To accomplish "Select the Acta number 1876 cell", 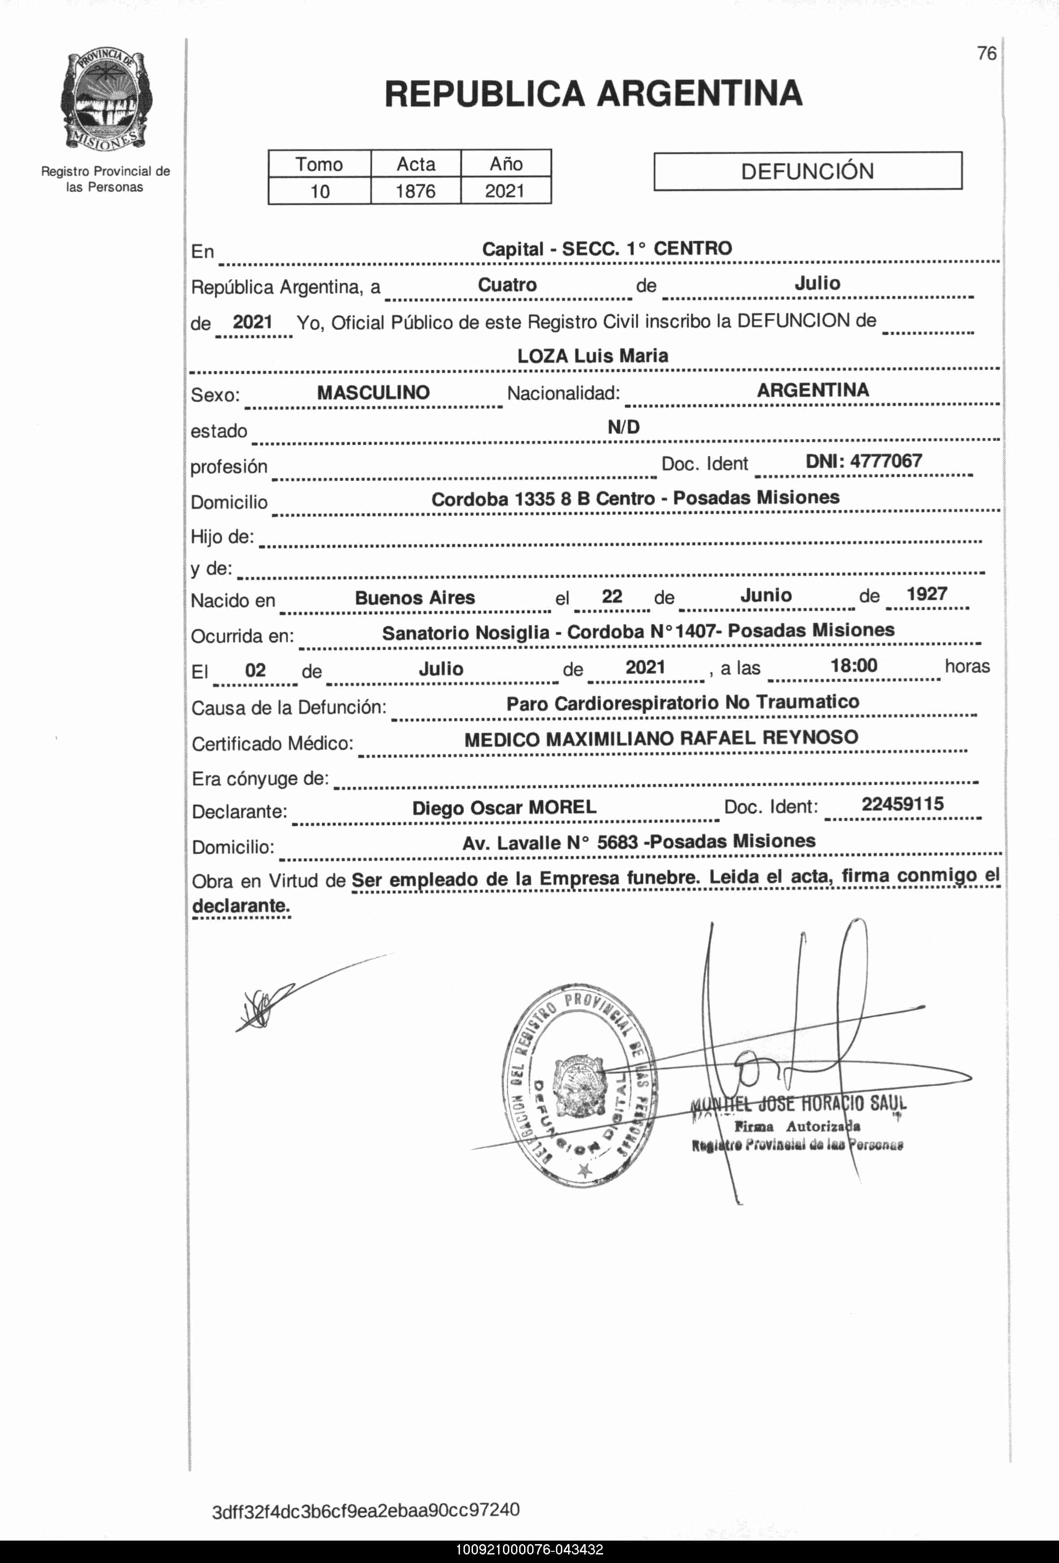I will tap(415, 191).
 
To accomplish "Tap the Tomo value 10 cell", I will tap(319, 191).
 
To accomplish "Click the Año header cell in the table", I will tap(506, 163).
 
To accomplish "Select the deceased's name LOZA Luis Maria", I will tap(592, 356).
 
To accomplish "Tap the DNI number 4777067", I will tap(863, 461).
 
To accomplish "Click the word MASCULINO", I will tap(373, 393).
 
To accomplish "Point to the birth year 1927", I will tap(927, 594).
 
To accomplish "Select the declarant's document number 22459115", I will tap(902, 804).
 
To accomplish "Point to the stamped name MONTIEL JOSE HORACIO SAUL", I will tap(799, 1103).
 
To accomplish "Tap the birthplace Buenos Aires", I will tap(415, 598).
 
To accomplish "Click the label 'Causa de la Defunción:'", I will tap(289, 708).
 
